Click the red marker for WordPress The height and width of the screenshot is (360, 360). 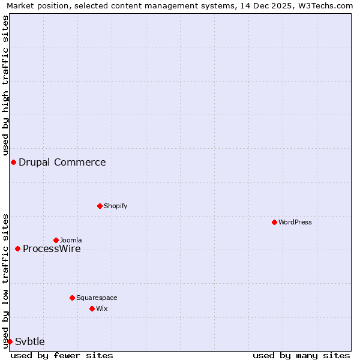click(274, 222)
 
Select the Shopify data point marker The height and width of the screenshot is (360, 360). click(100, 206)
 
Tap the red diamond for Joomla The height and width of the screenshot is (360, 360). click(56, 240)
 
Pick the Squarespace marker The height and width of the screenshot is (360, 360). click(72, 298)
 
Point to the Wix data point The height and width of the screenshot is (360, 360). click(92, 308)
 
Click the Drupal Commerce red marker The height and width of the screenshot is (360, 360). click(13, 162)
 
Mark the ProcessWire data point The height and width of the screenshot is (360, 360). click(17, 248)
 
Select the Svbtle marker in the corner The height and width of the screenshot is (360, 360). click(10, 341)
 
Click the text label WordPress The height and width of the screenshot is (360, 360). click(295, 222)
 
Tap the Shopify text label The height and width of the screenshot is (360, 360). click(116, 206)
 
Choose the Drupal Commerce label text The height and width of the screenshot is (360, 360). click(62, 162)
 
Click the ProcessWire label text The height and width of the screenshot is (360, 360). click(52, 249)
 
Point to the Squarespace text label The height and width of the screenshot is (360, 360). click(97, 298)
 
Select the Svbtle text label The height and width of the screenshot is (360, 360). click(30, 341)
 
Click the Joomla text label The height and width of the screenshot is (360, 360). click(71, 240)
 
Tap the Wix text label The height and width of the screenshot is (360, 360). click(101, 308)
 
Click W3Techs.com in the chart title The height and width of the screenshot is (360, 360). click(325, 5)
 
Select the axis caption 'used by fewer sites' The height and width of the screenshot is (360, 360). click(62, 355)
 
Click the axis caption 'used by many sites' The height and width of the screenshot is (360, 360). click(301, 355)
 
